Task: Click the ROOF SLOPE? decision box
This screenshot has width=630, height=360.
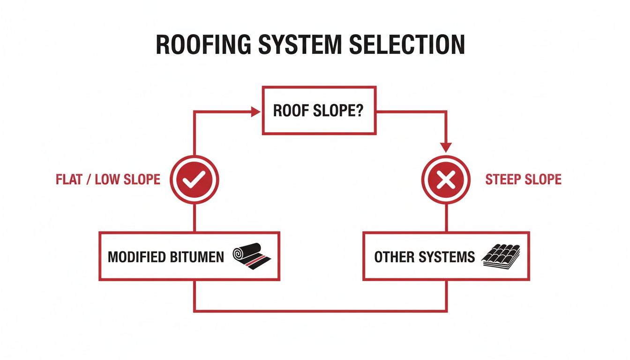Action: point(319,112)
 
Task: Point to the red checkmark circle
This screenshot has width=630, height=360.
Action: point(194,180)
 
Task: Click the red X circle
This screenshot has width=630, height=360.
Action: point(445,180)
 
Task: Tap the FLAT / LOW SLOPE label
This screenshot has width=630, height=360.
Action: point(108,180)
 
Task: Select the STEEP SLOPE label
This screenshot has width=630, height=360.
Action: point(523,180)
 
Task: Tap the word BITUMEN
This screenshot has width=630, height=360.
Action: point(196,257)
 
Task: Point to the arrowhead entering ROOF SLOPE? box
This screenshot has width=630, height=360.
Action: point(256,112)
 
